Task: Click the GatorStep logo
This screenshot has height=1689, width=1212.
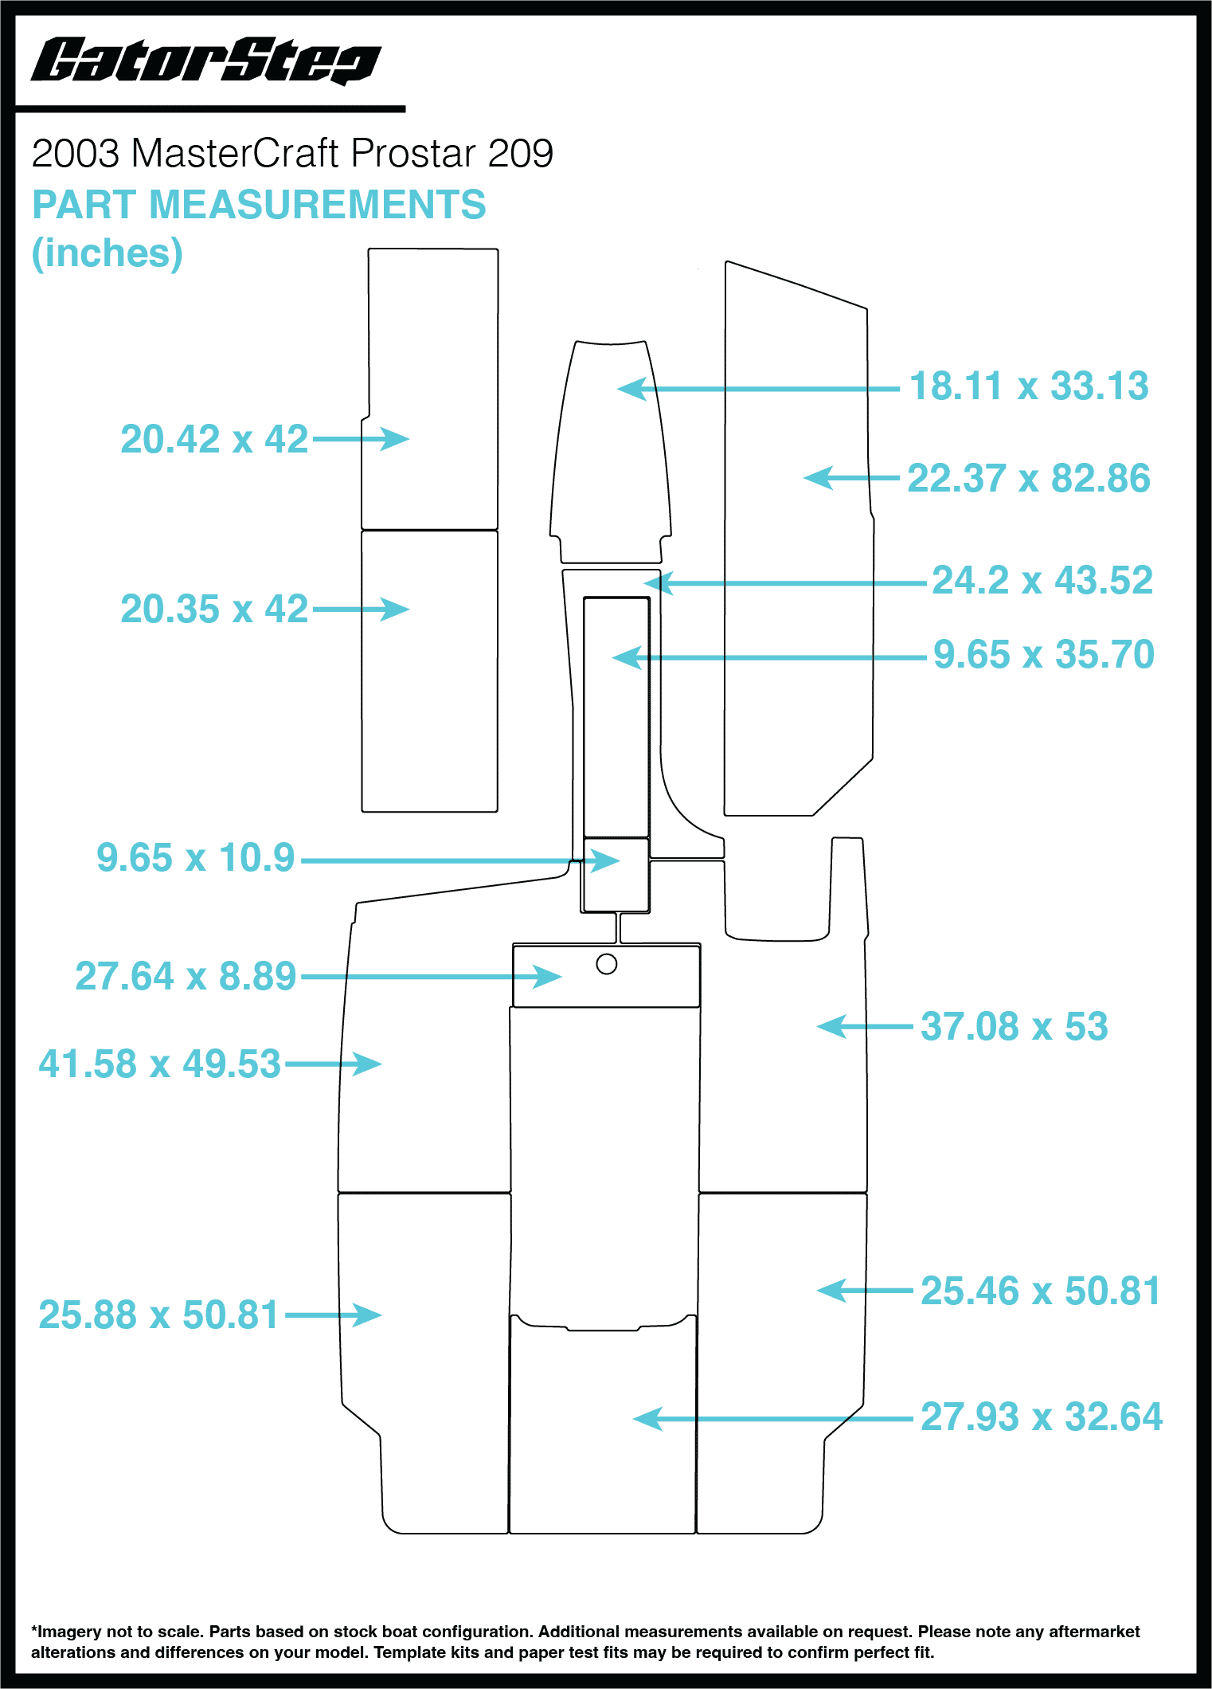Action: pos(205,61)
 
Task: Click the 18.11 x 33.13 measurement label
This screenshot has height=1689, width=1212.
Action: pos(1028,386)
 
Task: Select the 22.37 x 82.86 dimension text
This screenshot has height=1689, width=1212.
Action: pos(1028,479)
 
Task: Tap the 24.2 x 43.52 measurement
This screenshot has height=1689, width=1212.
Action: pos(1042,580)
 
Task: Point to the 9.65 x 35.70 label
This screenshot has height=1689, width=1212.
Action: pos(1043,655)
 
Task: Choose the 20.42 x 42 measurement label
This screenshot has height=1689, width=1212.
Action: pos(214,439)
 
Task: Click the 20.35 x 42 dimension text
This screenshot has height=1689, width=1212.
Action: pos(214,609)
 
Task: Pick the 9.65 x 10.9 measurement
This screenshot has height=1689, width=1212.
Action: pos(196,858)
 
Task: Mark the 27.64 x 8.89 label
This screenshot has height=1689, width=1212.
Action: pos(186,977)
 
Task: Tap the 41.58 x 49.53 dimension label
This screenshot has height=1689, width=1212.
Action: pos(160,1064)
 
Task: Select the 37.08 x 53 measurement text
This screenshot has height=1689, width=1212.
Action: pos(1014,1027)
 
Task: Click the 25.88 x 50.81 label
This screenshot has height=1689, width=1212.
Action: pos(158,1315)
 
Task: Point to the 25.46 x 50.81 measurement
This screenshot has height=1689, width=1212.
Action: pos(1040,1291)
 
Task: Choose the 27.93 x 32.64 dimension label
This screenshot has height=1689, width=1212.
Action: pos(1041,1417)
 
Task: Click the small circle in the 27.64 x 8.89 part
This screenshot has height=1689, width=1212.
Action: pos(607,965)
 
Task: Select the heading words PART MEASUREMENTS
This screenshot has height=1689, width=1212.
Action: pos(259,205)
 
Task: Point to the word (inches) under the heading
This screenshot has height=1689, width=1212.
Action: pos(108,253)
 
